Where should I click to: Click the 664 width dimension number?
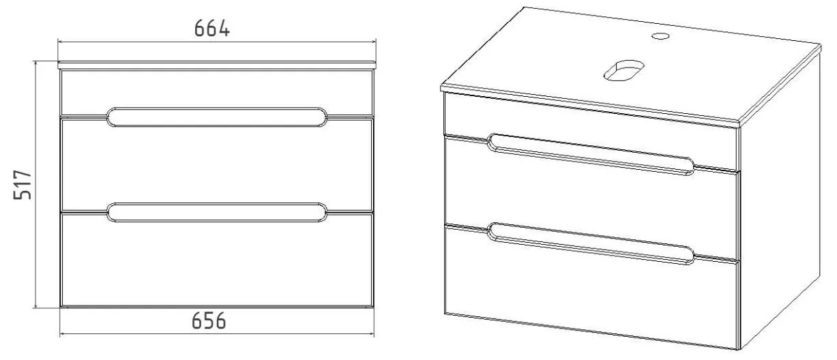[x=212, y=29]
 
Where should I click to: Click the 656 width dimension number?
[x=209, y=320]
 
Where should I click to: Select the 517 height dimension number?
[x=23, y=185]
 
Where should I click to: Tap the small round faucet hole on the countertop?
[x=660, y=36]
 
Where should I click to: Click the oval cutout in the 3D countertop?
[x=624, y=70]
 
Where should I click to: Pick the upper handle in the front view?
[x=217, y=117]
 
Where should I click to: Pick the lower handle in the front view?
[x=217, y=213]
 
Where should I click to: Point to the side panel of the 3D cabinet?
[x=779, y=202]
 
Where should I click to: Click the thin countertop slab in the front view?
[x=217, y=65]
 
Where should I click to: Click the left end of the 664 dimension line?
[x=58, y=42]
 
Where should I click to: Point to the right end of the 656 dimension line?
[x=374, y=334]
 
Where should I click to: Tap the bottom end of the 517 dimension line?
[x=35, y=307]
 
